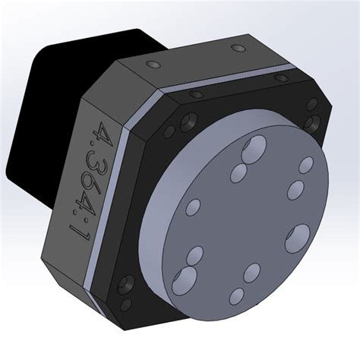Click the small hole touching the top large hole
[x=245, y=168]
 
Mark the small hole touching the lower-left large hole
[x=195, y=256]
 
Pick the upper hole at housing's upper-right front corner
[x=311, y=104]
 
